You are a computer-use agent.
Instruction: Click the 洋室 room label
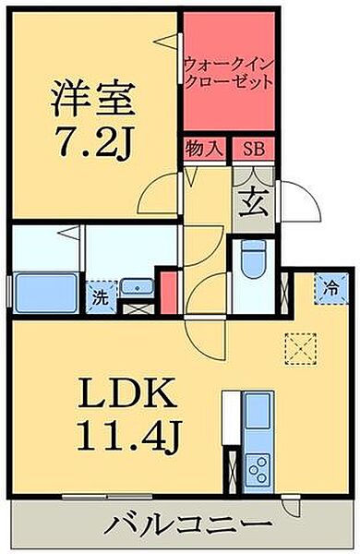click(92, 98)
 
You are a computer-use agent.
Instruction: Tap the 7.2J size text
click(92, 140)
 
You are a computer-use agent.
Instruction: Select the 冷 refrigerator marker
click(330, 285)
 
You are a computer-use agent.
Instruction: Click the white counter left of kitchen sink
click(231, 424)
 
